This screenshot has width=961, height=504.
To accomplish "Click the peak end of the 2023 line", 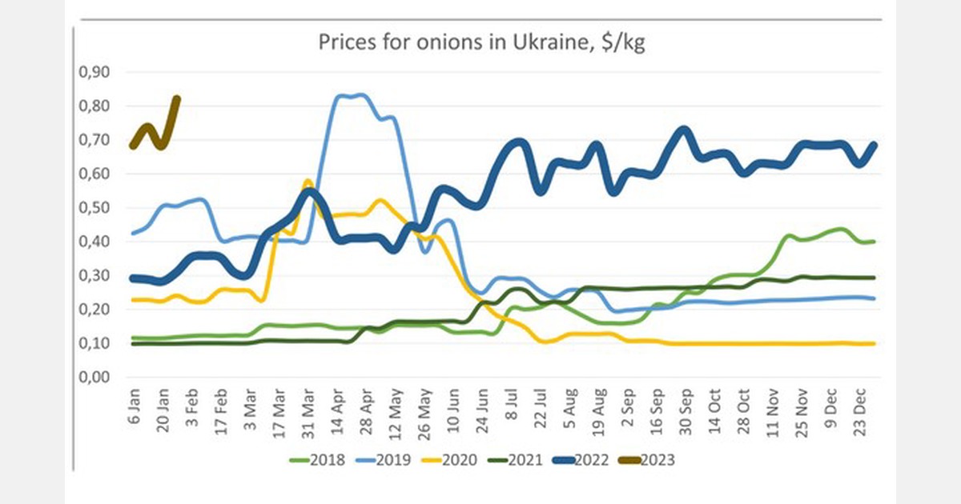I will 177,98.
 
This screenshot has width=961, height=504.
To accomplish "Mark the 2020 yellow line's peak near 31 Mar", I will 307,182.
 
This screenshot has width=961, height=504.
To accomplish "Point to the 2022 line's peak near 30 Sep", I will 682,130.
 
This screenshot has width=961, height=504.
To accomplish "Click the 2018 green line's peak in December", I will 839,230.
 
